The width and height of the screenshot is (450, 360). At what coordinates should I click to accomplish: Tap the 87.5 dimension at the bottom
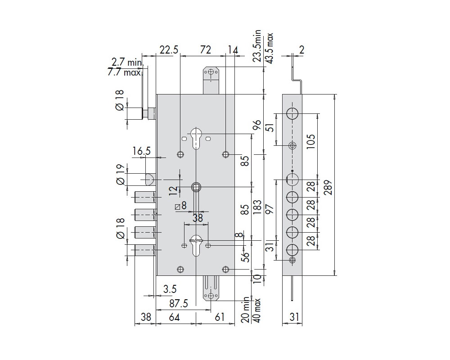(x=179, y=303)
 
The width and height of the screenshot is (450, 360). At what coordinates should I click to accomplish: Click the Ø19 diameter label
(x=120, y=175)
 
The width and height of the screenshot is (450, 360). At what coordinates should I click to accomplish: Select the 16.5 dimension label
(x=141, y=151)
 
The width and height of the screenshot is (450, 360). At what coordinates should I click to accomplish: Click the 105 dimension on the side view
(x=311, y=141)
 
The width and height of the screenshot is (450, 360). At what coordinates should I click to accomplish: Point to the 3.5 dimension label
(x=170, y=289)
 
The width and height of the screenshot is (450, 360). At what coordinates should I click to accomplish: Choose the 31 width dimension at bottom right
(x=294, y=317)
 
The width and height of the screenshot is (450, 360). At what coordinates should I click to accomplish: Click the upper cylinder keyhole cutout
(x=196, y=138)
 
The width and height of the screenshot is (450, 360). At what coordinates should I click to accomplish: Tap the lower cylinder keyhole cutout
(x=196, y=245)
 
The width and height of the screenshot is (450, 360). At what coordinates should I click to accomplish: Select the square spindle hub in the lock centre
(x=196, y=187)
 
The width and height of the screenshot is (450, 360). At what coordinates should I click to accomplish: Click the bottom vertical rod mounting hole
(x=211, y=296)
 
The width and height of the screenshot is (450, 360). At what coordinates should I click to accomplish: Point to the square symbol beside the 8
(x=178, y=207)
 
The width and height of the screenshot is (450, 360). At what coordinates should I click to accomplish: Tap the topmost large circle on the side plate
(x=292, y=114)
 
